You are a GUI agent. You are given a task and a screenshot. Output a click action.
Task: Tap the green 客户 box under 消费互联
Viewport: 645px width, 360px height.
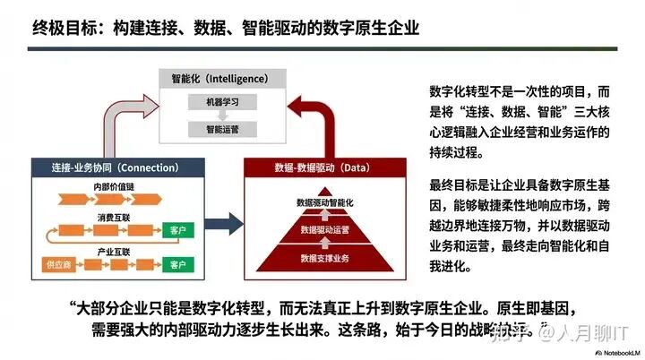coord(177,231)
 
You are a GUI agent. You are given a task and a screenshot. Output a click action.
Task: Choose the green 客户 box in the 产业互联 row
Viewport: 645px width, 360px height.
coord(177,265)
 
